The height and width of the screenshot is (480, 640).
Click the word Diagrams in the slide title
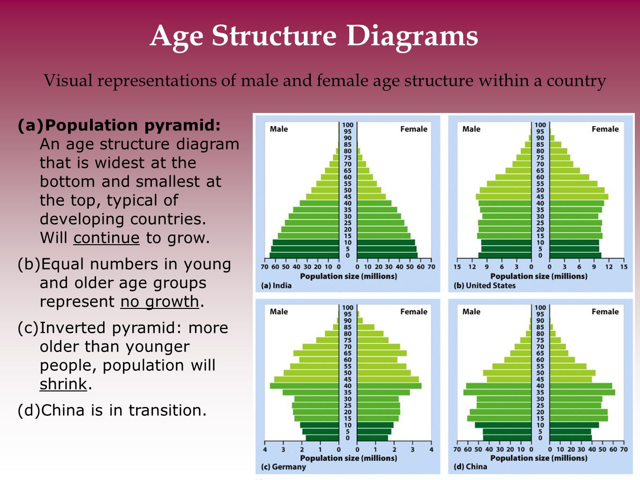(x=412, y=37)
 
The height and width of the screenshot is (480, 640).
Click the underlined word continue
(x=106, y=238)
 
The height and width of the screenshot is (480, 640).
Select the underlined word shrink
(x=63, y=384)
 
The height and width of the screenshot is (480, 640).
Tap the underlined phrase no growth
(x=160, y=302)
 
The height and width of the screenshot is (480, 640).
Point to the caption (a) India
(x=276, y=285)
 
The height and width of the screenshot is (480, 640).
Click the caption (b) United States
(x=484, y=285)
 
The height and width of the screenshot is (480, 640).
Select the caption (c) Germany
(x=283, y=467)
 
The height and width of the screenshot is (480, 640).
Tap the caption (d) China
(x=470, y=466)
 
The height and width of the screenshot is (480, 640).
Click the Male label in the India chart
(x=279, y=129)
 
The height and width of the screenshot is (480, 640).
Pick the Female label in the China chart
(x=605, y=312)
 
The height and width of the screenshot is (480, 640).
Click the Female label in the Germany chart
(x=414, y=312)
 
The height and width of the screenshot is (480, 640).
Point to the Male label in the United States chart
(x=471, y=129)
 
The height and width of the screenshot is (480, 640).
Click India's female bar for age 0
(x=387, y=255)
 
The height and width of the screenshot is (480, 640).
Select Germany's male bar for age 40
(x=304, y=386)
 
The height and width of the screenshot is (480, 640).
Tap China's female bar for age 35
(x=582, y=392)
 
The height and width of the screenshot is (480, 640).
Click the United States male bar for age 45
(x=504, y=197)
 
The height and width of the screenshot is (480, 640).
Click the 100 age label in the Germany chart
(x=347, y=307)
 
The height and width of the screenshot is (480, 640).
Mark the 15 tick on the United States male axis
(x=457, y=267)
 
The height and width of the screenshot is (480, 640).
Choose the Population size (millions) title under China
(x=539, y=458)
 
